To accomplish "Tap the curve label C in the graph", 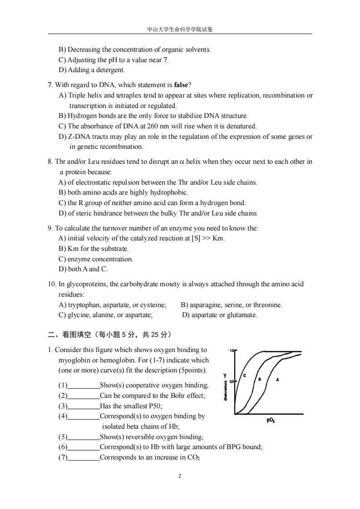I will (x=244, y=375).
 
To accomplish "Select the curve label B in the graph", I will (x=259, y=379).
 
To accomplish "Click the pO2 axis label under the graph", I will (x=271, y=421).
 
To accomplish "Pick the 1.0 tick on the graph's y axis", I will (x=231, y=351).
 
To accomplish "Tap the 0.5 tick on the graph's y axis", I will (x=232, y=382).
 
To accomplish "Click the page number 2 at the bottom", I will (x=180, y=476).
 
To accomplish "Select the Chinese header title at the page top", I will (x=180, y=29).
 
